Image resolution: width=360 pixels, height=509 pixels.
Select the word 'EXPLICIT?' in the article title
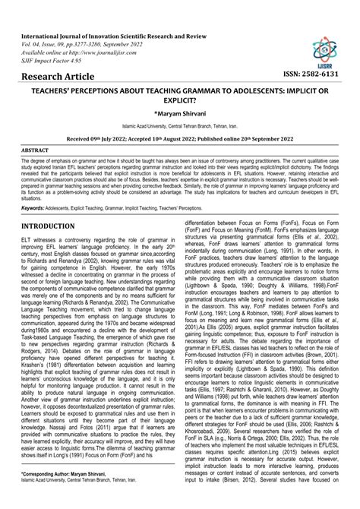coord(180,100)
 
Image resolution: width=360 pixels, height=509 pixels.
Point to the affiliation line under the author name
coord(180,125)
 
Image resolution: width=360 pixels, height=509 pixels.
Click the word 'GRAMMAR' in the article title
coord(195,89)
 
